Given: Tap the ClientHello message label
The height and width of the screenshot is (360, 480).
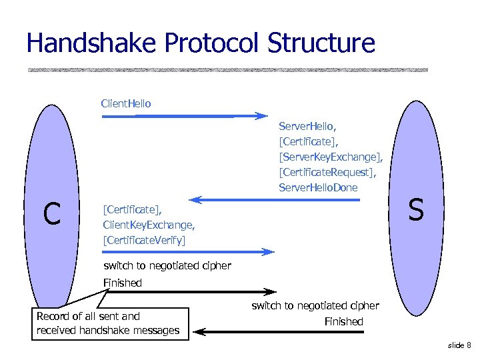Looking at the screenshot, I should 126,103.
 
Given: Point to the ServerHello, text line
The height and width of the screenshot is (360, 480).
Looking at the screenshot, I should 307,125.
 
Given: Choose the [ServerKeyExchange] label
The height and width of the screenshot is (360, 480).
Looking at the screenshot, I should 331,157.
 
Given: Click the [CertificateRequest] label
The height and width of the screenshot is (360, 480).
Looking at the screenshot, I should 327,172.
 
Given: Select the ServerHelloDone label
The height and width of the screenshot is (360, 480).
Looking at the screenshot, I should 318,187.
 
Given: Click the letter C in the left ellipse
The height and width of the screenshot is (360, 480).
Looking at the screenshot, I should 52,213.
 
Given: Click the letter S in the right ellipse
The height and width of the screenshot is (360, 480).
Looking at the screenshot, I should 415,210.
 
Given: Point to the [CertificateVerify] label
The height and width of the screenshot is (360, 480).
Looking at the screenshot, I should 145,239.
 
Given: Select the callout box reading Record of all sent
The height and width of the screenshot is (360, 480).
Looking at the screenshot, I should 111,323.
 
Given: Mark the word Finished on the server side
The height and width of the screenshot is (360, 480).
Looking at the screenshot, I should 343,322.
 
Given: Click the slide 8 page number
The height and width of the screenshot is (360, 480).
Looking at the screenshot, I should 459,345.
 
